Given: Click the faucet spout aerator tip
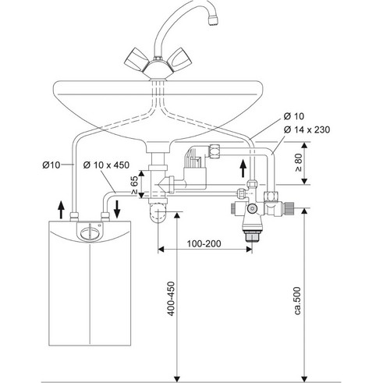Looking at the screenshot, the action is (213, 20).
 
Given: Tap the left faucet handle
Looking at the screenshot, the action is (137, 60).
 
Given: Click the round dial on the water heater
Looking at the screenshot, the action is (90, 232).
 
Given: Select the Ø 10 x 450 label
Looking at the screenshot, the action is (106, 165).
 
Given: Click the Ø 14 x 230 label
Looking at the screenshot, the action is (307, 129).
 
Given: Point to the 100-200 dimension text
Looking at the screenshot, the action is (204, 243).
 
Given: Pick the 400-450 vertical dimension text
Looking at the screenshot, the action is (171, 299).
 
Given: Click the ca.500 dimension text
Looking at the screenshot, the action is (298, 301).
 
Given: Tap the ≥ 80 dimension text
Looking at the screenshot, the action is (299, 162).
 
